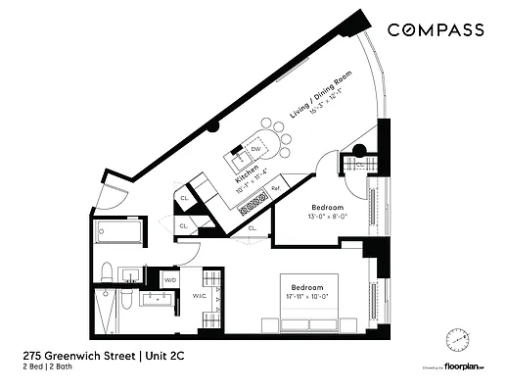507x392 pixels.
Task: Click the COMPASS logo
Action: click(435, 30)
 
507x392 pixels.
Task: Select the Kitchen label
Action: click(247, 176)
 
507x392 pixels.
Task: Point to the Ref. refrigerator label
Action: click(276, 187)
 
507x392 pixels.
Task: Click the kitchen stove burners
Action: click(256, 204)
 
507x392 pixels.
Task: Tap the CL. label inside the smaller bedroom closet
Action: click(252, 228)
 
